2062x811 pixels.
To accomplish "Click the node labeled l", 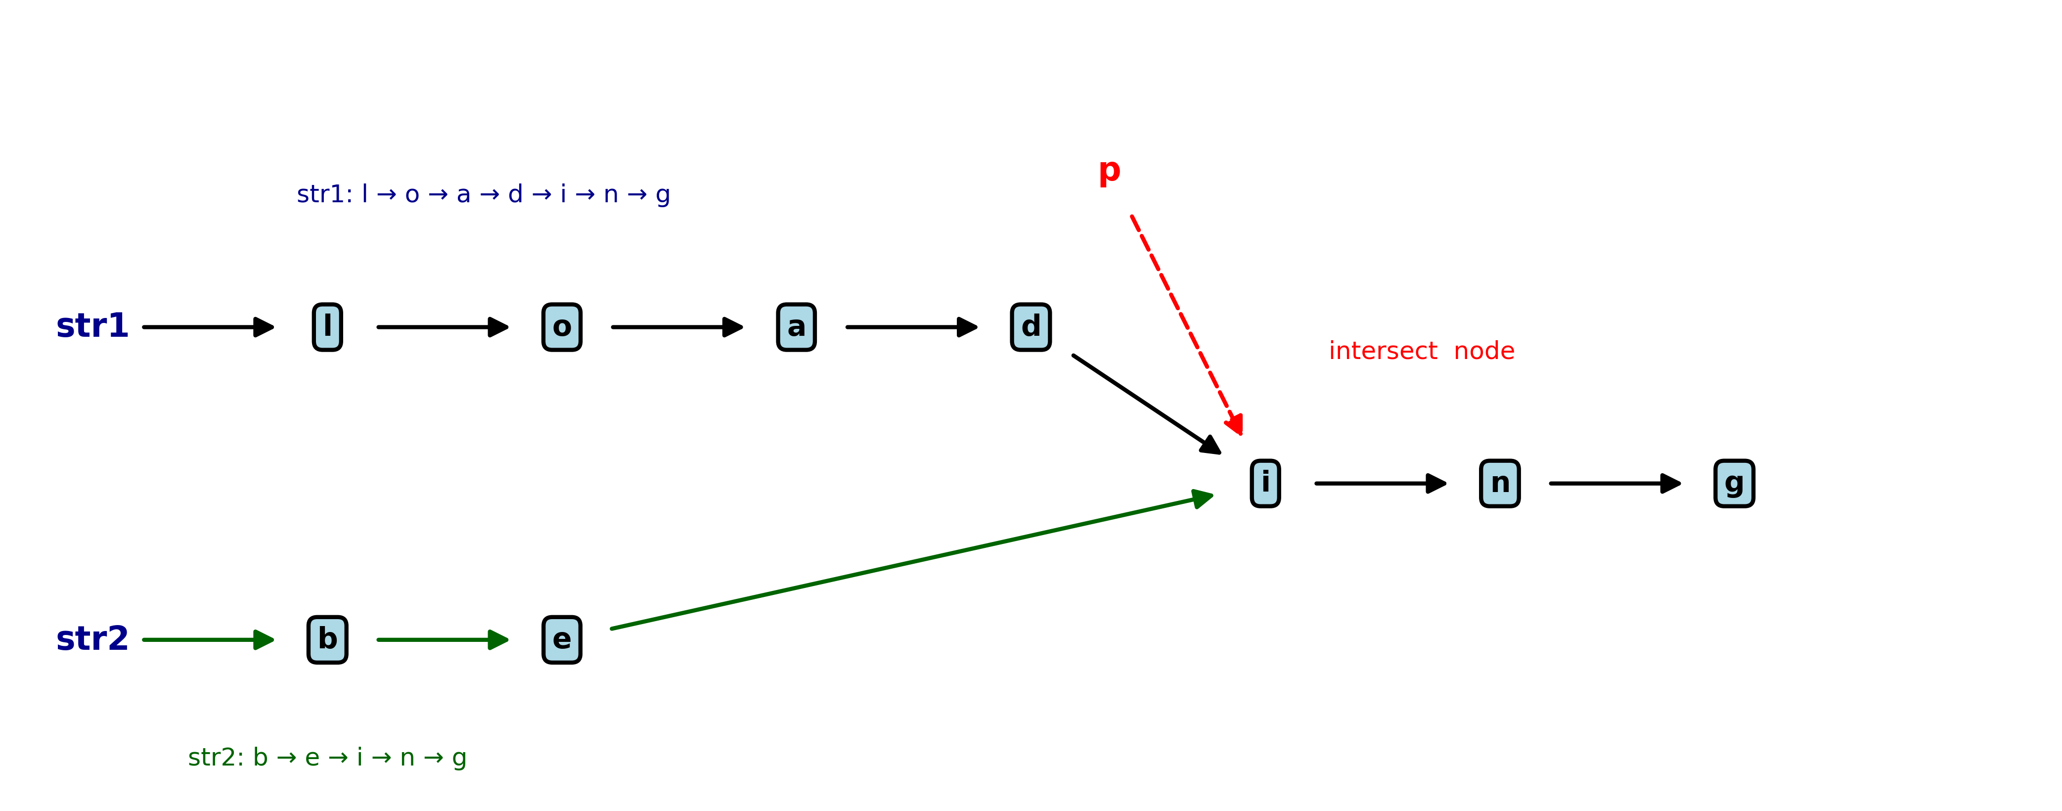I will click(x=327, y=327).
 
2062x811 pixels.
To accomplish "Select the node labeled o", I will click(x=562, y=327).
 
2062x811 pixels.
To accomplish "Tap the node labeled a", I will click(x=797, y=327).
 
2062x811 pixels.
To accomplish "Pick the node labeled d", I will click(x=1031, y=327).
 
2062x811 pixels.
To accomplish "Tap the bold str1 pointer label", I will click(x=92, y=326).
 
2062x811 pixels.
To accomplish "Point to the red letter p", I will click(x=1110, y=171).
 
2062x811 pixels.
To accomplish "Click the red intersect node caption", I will click(x=1422, y=351).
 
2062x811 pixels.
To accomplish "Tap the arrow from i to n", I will click(x=1380, y=484).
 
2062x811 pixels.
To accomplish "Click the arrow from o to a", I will click(x=676, y=327).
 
